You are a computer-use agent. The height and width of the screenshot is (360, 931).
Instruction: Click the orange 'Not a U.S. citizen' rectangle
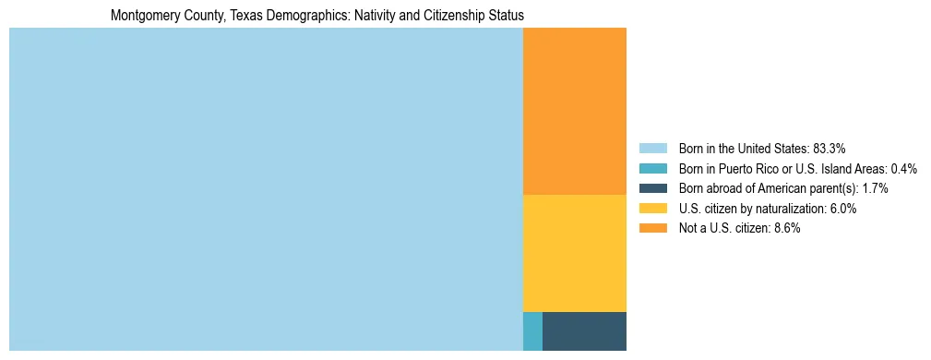coord(574,111)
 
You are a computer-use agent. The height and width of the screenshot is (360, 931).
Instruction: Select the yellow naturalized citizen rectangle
coord(574,253)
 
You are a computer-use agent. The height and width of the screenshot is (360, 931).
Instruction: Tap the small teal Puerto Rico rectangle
coord(532,331)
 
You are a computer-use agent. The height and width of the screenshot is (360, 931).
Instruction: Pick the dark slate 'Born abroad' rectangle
coord(584,331)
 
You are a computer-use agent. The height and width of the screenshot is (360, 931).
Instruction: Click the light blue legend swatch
coord(652,149)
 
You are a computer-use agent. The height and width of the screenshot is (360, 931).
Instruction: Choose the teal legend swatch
coord(652,169)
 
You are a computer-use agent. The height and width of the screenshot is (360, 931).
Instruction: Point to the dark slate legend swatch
coord(652,188)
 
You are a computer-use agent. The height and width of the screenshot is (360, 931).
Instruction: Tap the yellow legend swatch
coord(652,209)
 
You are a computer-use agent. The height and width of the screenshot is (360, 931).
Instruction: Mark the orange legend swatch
coord(652,228)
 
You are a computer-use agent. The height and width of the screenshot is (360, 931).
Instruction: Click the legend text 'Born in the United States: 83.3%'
coord(762,149)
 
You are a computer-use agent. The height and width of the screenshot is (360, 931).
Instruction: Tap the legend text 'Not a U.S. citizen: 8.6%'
coord(739,228)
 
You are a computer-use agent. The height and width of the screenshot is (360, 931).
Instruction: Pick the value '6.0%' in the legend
coord(843,209)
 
